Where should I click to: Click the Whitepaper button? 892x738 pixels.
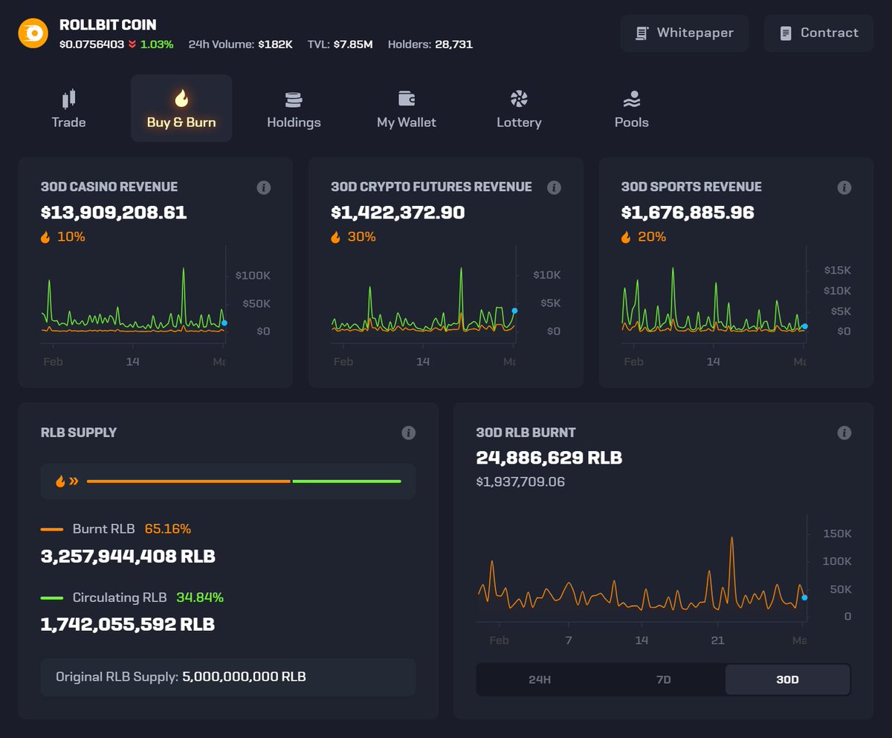tap(685, 33)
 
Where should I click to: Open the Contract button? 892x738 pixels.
tap(818, 33)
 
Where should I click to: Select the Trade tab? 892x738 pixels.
tap(68, 109)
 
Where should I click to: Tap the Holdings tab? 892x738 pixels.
tap(294, 109)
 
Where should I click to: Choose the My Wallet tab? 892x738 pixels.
tap(406, 109)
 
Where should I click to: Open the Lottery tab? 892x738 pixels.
tap(519, 109)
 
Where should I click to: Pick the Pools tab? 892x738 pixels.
tap(631, 109)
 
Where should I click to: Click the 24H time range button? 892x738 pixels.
tap(539, 679)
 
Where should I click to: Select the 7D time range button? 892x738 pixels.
tap(663, 679)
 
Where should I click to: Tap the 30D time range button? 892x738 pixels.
tap(787, 679)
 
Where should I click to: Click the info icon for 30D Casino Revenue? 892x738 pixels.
tap(263, 187)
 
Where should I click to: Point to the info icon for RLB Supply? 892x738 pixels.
tap(408, 433)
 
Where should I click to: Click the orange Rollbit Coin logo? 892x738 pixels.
tap(33, 33)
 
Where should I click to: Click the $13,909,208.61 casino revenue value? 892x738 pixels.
tap(114, 213)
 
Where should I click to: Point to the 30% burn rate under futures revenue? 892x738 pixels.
tap(361, 237)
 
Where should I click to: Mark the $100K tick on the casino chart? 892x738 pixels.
tap(253, 276)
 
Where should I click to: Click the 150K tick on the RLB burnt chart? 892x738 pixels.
tap(837, 534)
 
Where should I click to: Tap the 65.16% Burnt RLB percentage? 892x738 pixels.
tap(168, 529)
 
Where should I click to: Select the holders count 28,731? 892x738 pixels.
tap(453, 45)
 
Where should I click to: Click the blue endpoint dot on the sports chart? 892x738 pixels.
tap(804, 326)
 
